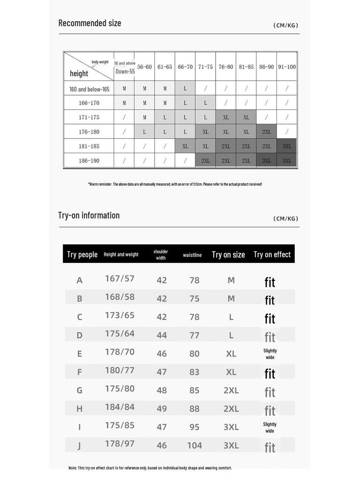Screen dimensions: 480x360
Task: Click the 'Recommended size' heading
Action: [x=90, y=23]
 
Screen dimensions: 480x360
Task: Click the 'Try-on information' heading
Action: [x=89, y=215]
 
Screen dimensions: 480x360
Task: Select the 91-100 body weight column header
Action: [x=287, y=67]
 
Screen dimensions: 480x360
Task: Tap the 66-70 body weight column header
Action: [x=185, y=67]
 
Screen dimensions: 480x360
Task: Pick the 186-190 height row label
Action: [x=89, y=161]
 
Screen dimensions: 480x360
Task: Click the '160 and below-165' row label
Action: [x=89, y=89]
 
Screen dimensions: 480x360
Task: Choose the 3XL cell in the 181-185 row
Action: [x=287, y=146]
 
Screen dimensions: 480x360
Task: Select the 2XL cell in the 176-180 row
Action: [x=267, y=132]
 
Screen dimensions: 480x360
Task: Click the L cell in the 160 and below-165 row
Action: [x=185, y=89]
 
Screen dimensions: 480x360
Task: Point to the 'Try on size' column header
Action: [x=228, y=255]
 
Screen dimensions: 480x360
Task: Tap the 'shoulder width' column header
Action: [x=161, y=255]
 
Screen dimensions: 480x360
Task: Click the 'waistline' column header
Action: [x=192, y=255]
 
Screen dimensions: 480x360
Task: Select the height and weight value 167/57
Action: [x=120, y=278]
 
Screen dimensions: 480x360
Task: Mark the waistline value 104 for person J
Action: [x=195, y=445]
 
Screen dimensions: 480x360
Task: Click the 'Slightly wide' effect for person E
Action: [x=270, y=354]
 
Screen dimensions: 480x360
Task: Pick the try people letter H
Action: [x=79, y=409]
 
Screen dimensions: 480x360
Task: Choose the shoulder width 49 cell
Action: [x=162, y=409]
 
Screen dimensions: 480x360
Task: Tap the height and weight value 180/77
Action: [x=120, y=370]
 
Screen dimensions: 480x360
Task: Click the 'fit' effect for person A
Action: [x=270, y=282]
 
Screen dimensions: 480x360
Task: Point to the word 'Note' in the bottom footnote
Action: [x=73, y=468]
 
